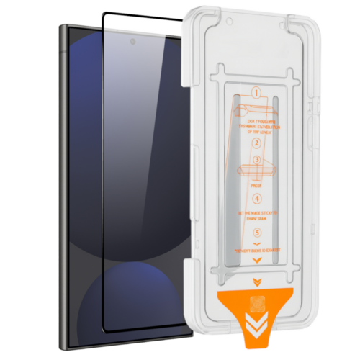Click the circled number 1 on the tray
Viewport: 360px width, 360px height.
256,94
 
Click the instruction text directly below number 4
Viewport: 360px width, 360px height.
258,217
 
